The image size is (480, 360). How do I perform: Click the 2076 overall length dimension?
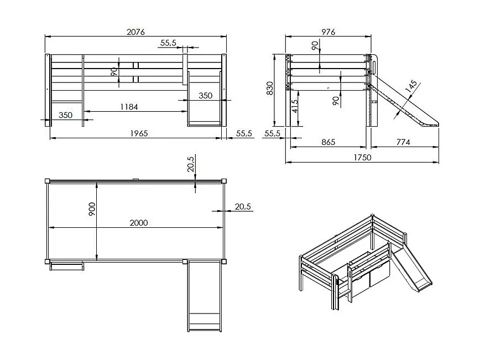click(135, 32)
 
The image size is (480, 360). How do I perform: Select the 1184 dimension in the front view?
click(129, 107)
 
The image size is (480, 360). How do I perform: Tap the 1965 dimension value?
click(139, 133)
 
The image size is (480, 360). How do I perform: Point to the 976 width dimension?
click(328, 32)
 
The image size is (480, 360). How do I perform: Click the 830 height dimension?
click(270, 88)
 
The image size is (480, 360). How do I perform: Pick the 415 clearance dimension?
click(295, 106)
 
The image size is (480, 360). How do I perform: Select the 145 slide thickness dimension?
click(411, 86)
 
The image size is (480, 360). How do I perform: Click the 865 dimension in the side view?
click(328, 142)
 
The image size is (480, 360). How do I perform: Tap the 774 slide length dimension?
click(403, 142)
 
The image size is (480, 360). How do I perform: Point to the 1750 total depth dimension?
click(362, 158)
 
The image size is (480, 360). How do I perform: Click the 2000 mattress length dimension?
click(139, 223)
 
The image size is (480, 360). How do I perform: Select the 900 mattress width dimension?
click(92, 209)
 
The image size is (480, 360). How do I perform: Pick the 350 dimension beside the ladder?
click(65, 115)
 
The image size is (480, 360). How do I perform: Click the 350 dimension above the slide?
click(205, 96)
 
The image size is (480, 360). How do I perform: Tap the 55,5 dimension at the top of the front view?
click(168, 43)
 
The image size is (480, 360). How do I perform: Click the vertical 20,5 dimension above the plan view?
click(190, 164)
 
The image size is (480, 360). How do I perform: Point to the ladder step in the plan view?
click(66, 265)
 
